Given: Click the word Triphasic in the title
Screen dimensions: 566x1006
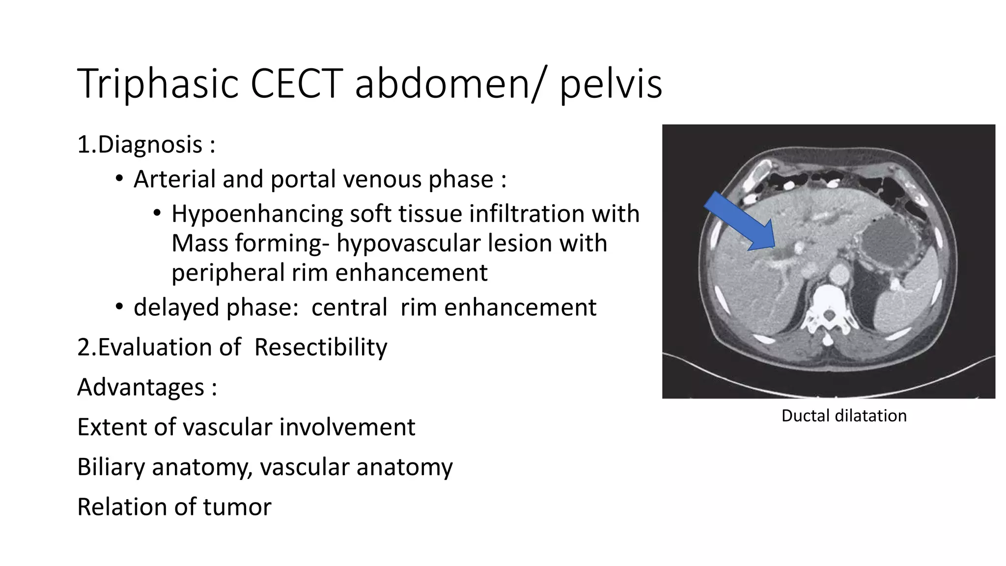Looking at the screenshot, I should (158, 85).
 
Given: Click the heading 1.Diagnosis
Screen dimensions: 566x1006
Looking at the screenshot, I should (146, 145).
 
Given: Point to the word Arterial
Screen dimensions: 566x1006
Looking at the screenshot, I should (174, 179).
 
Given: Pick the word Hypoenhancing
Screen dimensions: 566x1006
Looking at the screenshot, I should (257, 214).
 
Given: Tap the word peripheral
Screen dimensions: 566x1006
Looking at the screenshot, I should (228, 273).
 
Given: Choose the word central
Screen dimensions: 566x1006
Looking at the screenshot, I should (349, 308).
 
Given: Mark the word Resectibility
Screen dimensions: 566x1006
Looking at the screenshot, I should (321, 347).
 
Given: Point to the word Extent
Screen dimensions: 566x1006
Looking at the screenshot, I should (112, 427).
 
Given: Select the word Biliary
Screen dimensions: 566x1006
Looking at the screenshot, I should (111, 467).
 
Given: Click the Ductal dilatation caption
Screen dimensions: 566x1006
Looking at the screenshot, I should (843, 416).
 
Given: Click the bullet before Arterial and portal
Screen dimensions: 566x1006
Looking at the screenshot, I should (119, 179).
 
